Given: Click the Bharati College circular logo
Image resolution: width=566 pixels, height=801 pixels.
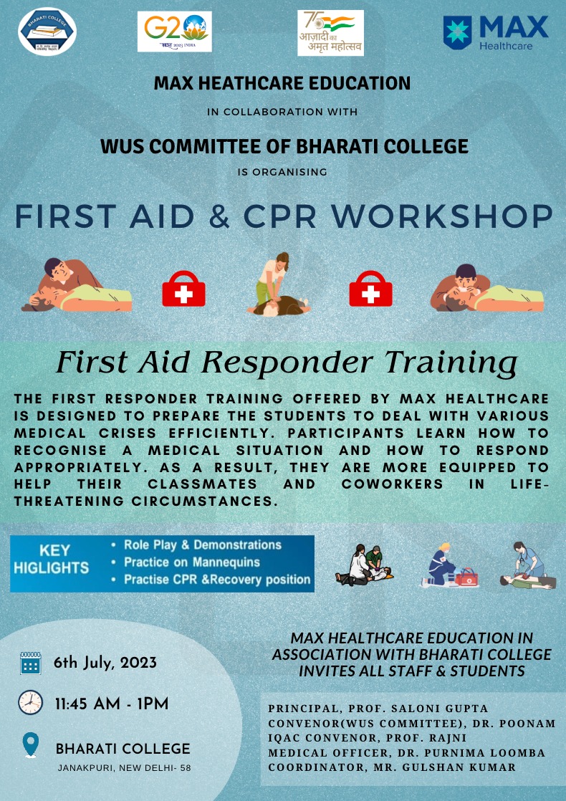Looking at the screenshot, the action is pos(47,31).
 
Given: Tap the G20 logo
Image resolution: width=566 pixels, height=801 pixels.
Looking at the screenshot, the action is pos(175,32).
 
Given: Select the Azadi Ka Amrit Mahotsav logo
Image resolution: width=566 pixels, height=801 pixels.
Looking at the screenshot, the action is pos(330,33).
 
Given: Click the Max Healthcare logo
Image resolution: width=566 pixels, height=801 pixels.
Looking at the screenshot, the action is pos(496,33).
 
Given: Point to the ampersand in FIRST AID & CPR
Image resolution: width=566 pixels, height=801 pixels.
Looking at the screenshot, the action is pos(219,216).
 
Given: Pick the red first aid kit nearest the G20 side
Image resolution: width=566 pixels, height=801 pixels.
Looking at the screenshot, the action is pos(184,289).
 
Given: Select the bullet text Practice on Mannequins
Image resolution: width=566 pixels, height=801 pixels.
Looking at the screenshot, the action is pos(192,562).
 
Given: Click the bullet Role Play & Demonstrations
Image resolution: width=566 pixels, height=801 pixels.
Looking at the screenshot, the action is pos(203,545).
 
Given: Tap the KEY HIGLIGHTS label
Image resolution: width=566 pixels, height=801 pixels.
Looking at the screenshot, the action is pos(51,559).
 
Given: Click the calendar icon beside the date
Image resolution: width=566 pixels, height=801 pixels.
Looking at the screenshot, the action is pos(31,663).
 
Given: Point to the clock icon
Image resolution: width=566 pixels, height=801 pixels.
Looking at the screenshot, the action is pos(31,703).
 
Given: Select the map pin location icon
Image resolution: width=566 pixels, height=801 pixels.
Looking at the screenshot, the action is pos(31,745).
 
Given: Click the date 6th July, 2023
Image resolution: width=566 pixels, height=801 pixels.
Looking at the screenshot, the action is pos(105,663).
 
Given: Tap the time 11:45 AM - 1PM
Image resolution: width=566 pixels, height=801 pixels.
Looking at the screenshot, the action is pos(112,704).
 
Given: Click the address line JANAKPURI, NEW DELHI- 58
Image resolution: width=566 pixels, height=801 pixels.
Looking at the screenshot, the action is pos(124,768).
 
